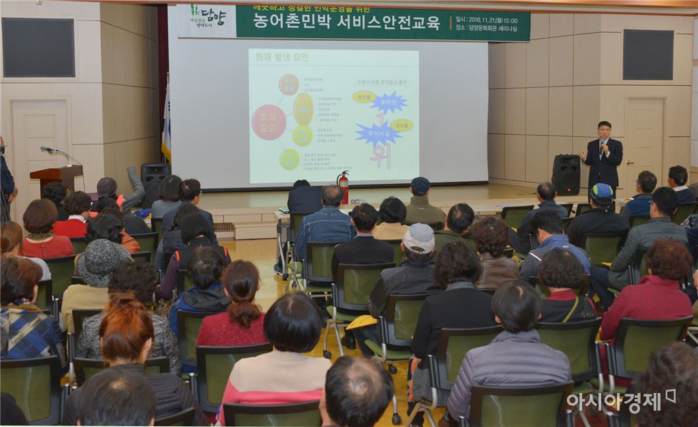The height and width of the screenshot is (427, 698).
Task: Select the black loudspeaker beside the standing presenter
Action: click(x=566, y=174)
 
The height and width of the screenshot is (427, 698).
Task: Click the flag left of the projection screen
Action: click(x=166, y=126)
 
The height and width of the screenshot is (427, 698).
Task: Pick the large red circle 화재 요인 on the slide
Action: click(x=269, y=123)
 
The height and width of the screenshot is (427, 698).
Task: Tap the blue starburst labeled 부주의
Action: click(x=389, y=103)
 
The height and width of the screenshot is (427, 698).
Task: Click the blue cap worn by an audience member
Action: click(x=601, y=191)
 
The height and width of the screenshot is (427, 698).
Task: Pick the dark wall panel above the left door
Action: click(x=38, y=47)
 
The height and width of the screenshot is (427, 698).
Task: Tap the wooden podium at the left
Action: click(x=57, y=178)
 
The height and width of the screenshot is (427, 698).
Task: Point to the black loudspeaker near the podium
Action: click(x=155, y=174)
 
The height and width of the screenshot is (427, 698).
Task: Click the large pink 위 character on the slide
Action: click(x=380, y=155)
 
